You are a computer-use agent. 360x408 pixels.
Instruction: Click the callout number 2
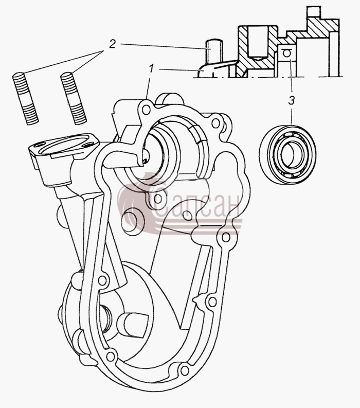pyautogui.click(x=112, y=44)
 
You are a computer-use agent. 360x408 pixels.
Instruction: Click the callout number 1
pyautogui.click(x=151, y=68)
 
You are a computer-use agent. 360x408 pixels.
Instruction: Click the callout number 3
pyautogui.click(x=291, y=100)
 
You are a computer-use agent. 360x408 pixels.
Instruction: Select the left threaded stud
pyautogui.click(x=26, y=98)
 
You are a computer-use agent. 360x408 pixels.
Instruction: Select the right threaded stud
pyautogui.click(x=74, y=98)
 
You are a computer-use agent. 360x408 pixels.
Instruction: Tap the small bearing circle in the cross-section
pyautogui.click(x=286, y=54)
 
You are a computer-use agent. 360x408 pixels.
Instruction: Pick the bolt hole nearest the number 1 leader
pyautogui.click(x=146, y=109)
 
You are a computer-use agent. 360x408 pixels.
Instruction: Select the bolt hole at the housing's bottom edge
pyautogui.click(x=185, y=370)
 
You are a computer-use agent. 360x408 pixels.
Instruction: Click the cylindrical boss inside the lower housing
pyautogui.click(x=129, y=324)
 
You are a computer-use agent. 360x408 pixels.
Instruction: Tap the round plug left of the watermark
pyautogui.click(x=133, y=221)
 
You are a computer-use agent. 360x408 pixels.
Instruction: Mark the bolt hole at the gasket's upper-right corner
pyautogui.click(x=215, y=123)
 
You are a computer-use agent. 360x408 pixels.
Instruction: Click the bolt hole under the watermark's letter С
pyautogui.click(x=158, y=199)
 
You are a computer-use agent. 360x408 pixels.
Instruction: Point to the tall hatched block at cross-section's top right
pyautogui.click(x=322, y=28)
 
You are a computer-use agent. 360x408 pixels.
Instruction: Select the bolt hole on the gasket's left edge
pyautogui.click(x=102, y=280)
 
